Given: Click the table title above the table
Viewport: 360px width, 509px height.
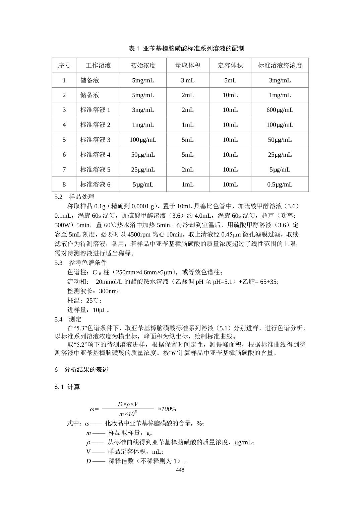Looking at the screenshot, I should coord(186,48).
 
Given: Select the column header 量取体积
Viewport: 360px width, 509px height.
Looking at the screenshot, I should coord(188,65).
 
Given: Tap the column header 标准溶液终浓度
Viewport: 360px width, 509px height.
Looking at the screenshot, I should coord(280,65).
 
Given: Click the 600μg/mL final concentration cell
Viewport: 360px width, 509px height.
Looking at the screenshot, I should coord(280,110).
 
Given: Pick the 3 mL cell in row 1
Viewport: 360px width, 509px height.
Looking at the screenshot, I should coord(188,80).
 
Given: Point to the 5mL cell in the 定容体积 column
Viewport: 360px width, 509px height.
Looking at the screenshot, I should coord(230,80).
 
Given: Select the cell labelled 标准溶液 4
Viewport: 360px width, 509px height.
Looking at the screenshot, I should coord(95,155).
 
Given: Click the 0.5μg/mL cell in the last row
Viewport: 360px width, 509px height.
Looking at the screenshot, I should coord(280,185).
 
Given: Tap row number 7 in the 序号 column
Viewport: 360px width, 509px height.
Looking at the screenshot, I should coord(64,169).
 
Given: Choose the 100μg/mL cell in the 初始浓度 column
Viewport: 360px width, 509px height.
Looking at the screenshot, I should coord(143,140).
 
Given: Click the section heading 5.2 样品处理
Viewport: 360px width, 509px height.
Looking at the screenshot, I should coord(74,197).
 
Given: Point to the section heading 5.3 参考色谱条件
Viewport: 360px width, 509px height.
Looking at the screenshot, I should coord(81,263).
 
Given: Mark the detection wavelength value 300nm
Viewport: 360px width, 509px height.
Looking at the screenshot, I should coord(109,291).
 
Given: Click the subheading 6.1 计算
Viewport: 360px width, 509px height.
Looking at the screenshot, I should coord(67,387).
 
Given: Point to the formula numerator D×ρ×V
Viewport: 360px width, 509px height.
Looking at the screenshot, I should coord(128,404).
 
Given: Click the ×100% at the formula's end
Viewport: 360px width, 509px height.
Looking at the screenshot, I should coord(167,409).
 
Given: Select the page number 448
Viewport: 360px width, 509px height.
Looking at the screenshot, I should coord(180,469).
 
